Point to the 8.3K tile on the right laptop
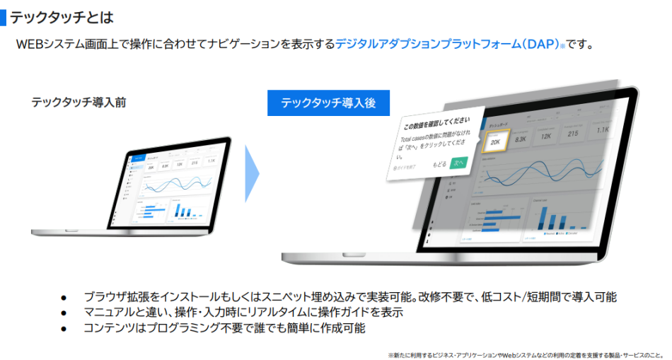[x=521, y=139]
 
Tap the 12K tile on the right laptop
[x=547, y=136]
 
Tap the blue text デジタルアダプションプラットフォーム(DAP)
[x=447, y=44]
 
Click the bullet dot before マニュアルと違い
[x=63, y=313]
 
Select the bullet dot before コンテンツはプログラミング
[x=63, y=328]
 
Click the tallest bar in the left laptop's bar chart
[x=178, y=210]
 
